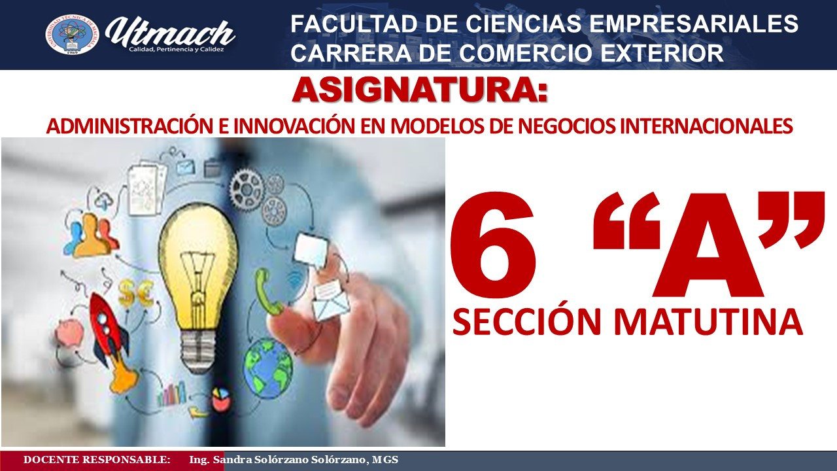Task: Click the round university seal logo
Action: pos(72,35)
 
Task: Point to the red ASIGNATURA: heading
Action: pos(420,90)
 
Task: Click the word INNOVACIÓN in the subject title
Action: pos(294,126)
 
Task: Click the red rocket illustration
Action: pos(112,338)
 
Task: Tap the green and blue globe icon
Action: pos(268,368)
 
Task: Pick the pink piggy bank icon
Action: pos(70,332)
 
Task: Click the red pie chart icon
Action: pos(221,398)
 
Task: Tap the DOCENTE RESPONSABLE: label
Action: pos(97,460)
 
